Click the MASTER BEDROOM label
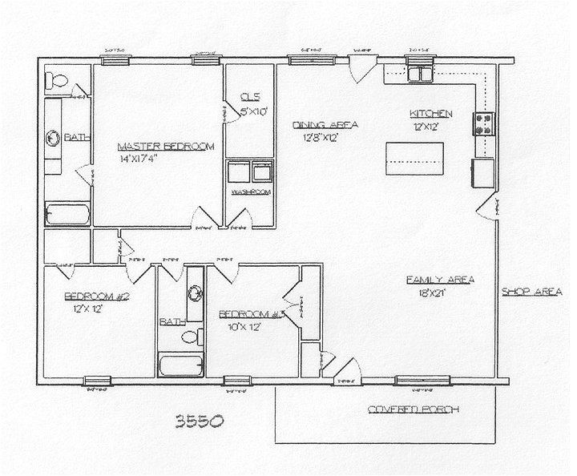tap(166, 146)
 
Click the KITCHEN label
tap(431, 113)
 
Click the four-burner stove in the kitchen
tap(486, 123)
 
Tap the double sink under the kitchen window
tap(420, 75)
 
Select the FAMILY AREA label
tap(441, 279)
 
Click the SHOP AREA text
tap(531, 292)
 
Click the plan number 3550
tap(196, 420)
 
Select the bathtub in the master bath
tap(67, 216)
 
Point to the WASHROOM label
tap(251, 193)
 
